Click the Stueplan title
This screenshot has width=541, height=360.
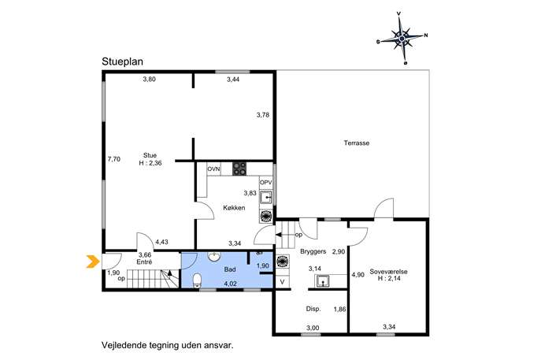[122, 61]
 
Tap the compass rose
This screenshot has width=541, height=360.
[402, 38]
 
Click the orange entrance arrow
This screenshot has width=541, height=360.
[91, 262]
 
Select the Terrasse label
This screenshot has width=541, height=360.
[357, 143]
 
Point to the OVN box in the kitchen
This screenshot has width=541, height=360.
[213, 169]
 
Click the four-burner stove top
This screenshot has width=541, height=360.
[239, 169]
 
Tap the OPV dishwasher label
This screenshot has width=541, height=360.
[266, 182]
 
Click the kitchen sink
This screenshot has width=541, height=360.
[266, 198]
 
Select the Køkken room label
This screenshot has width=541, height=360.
[234, 208]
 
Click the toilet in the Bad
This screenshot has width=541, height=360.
[197, 280]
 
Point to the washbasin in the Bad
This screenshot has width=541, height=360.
[215, 257]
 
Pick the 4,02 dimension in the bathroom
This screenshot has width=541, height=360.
[230, 284]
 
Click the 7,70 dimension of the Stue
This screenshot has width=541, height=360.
[114, 159]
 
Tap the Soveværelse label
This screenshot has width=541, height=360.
[388, 272]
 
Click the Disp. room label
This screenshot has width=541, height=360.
[313, 309]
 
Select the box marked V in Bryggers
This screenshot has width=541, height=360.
[282, 282]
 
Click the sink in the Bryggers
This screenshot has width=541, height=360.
[322, 281]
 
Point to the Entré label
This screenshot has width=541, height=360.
[144, 262]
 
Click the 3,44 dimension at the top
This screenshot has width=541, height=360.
[233, 80]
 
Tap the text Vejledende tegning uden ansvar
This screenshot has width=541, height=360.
[167, 345]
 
